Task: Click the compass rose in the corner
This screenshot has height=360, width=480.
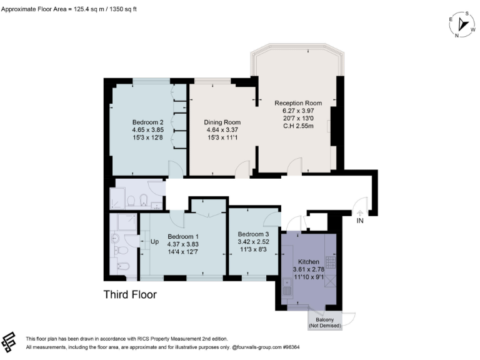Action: tap(463, 24)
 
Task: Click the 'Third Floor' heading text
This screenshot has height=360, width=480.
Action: tap(130, 294)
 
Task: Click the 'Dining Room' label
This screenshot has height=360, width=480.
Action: tap(222, 122)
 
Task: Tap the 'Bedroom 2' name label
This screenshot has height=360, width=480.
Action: tap(147, 122)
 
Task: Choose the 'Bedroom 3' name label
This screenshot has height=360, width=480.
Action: tap(253, 234)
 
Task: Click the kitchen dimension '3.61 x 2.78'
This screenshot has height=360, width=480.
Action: tap(309, 269)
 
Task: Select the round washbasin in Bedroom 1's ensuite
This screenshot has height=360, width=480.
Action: tap(114, 237)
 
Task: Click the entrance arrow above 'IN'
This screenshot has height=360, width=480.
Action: tap(360, 212)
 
